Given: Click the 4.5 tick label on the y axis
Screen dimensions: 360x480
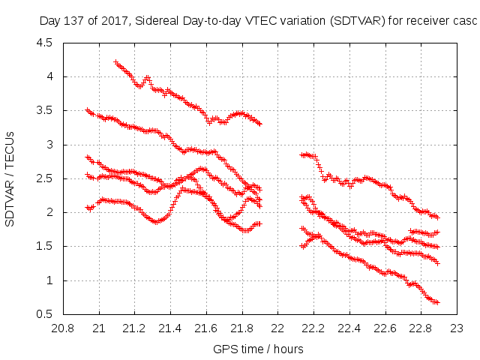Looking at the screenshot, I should point(43,43).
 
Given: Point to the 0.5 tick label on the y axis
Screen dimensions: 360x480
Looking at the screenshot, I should point(43,314).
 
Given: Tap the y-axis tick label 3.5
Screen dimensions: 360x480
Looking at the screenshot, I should point(43,110).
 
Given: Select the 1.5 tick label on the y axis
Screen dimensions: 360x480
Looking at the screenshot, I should point(43,246).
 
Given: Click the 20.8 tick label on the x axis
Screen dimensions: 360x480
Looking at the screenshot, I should point(62,328).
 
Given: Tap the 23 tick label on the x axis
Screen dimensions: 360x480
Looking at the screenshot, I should point(457,328).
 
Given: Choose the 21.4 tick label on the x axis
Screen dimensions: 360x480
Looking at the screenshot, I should point(170,328).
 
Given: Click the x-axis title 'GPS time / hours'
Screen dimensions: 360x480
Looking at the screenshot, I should point(259,349).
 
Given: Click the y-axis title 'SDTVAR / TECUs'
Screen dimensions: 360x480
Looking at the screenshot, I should point(10,178).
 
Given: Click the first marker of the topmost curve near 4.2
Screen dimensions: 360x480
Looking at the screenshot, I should point(115,62).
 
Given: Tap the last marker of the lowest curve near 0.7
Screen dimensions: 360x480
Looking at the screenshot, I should point(437,302).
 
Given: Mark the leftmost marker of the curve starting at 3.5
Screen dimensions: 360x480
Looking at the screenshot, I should point(88,110).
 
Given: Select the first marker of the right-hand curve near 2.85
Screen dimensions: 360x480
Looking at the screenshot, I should point(301,154).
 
